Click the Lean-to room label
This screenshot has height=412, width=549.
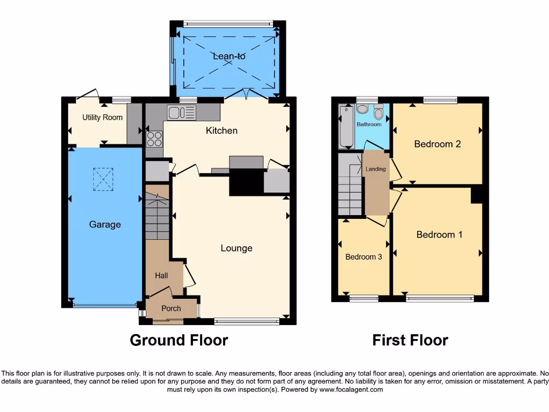click(229, 56)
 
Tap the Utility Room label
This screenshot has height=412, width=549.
click(102, 117)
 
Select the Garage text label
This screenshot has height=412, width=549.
click(105, 225)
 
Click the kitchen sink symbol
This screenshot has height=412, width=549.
click(181, 112)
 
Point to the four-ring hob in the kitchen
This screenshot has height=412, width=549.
click(154, 139)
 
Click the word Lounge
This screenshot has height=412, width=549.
click(236, 248)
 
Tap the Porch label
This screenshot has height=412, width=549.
click(171, 308)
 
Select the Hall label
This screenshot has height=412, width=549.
click(161, 276)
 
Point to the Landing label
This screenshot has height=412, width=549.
click(375, 170)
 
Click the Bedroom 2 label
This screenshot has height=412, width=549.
click(437, 144)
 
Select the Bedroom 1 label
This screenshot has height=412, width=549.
click(439, 234)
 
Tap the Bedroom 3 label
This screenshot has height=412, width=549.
click(363, 257)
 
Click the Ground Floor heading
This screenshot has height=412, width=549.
click(179, 340)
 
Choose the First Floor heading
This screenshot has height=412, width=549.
click(410, 340)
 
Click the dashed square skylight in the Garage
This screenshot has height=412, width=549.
click(103, 179)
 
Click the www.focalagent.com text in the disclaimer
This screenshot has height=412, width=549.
click(351, 390)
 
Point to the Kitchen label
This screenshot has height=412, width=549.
click(221, 131)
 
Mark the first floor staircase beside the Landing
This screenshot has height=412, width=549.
click(350, 185)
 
